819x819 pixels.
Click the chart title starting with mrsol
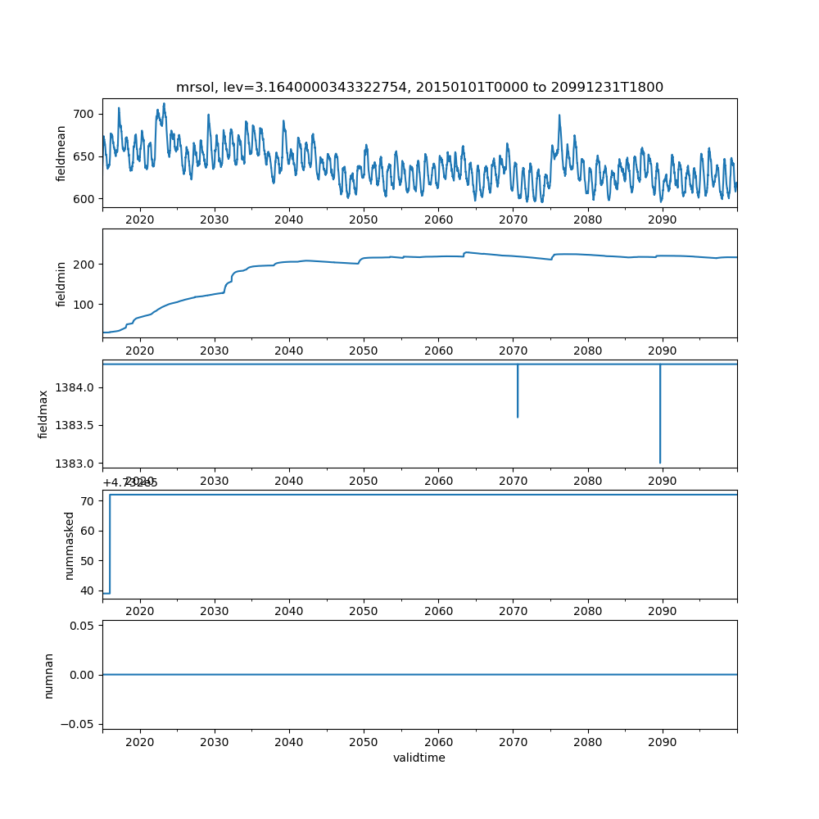pos(419,87)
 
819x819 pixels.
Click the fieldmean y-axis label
pos(61,153)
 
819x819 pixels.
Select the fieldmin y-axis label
pos(61,283)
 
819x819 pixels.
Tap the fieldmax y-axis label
pos(44,414)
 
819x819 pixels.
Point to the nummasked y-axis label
pos(70,545)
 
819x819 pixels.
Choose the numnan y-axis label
pos(49,675)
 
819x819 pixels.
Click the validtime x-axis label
pos(419,758)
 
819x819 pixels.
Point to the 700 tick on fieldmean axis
pos(86,114)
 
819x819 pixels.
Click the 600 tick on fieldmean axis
pos(86,198)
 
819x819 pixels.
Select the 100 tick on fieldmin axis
pos(86,305)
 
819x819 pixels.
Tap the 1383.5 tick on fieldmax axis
pos(77,425)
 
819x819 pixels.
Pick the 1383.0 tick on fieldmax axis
pos(77,464)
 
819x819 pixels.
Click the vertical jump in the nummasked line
pos(110,545)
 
